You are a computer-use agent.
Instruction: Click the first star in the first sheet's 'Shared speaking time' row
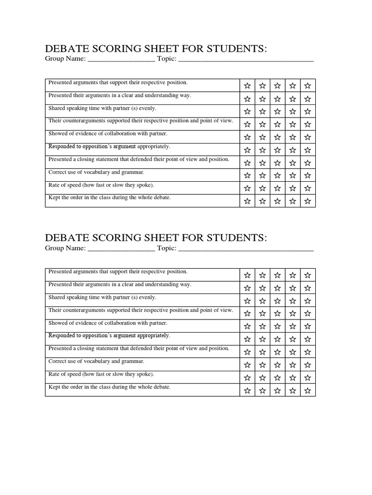click(x=248, y=112)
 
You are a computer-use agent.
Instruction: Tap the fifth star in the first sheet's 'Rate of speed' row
click(x=308, y=188)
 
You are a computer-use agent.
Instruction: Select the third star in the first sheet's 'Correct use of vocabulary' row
click(x=278, y=175)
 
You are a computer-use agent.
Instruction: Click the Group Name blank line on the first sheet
click(x=121, y=59)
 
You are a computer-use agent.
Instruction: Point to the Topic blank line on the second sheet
click(x=246, y=249)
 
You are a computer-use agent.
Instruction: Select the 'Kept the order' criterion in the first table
click(x=109, y=198)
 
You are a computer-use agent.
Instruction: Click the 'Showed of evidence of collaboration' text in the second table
click(x=108, y=323)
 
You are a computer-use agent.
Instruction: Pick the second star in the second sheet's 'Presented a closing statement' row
click(x=263, y=352)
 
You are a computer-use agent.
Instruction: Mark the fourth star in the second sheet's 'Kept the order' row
click(x=293, y=390)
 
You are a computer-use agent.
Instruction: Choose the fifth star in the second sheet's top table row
click(x=308, y=276)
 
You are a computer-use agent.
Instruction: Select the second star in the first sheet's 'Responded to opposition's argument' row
click(x=263, y=150)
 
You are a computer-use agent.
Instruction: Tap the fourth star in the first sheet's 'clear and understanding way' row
click(x=293, y=99)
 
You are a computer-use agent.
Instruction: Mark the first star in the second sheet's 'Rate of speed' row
click(x=248, y=378)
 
